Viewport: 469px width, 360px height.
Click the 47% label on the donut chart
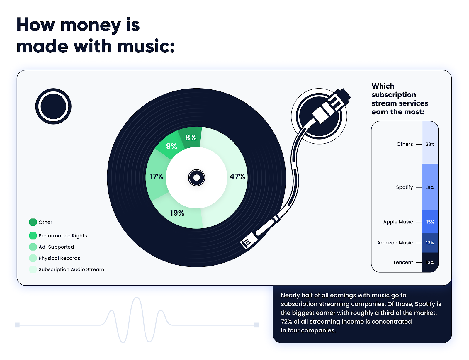[x=237, y=177]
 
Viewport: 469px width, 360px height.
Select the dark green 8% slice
[x=191, y=137]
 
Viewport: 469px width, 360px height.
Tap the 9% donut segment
[x=171, y=146]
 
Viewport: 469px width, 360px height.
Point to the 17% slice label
[x=156, y=177]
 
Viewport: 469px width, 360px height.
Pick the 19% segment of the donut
[x=177, y=213]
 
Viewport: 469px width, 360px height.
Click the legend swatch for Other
[x=33, y=222]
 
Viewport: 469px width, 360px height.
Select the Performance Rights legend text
[x=63, y=236]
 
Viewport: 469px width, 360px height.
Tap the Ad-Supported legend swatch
[x=33, y=247]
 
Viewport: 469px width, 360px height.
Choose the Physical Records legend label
[x=59, y=258]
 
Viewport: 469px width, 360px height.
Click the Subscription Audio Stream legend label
[x=71, y=269]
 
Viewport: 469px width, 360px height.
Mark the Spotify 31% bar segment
[x=430, y=187]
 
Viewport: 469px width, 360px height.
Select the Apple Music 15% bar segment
[x=430, y=222]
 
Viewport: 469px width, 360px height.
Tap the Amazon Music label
[x=395, y=243]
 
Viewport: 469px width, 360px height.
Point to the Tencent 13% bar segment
[x=430, y=262]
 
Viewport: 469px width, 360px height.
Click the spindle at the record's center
[x=196, y=178]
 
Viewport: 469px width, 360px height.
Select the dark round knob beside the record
[x=53, y=106]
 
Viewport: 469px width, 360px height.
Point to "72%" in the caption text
[x=286, y=322]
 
